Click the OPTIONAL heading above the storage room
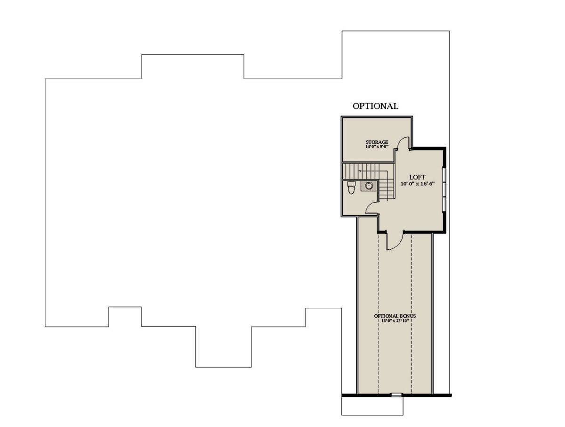click(x=375, y=106)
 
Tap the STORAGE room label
click(x=377, y=142)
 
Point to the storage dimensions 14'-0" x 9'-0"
click(x=377, y=146)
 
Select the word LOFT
click(x=417, y=177)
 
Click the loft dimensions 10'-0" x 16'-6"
click(x=417, y=184)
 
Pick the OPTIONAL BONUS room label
click(x=395, y=316)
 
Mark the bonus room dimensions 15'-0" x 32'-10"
click(x=395, y=320)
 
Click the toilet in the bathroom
click(x=351, y=187)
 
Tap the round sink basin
click(x=369, y=185)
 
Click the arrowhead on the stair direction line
click(x=360, y=171)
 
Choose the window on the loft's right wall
click(x=444, y=190)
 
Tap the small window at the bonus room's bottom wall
click(x=396, y=395)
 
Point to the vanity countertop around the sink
click(x=369, y=186)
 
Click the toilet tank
click(x=351, y=184)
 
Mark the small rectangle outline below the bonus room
click(x=372, y=406)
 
